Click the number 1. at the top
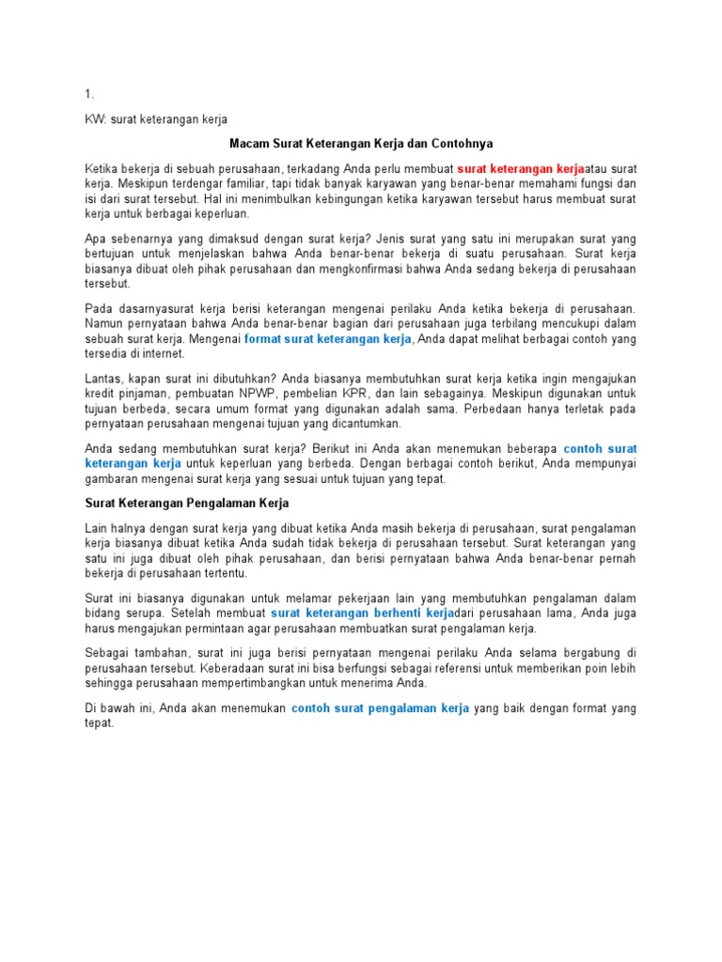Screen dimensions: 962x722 click(x=89, y=95)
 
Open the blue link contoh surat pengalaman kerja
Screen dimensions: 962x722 click(x=380, y=708)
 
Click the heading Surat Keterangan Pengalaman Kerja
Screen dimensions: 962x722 click(x=187, y=503)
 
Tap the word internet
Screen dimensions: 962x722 click(x=164, y=353)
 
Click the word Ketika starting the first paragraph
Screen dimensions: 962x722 click(x=103, y=167)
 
